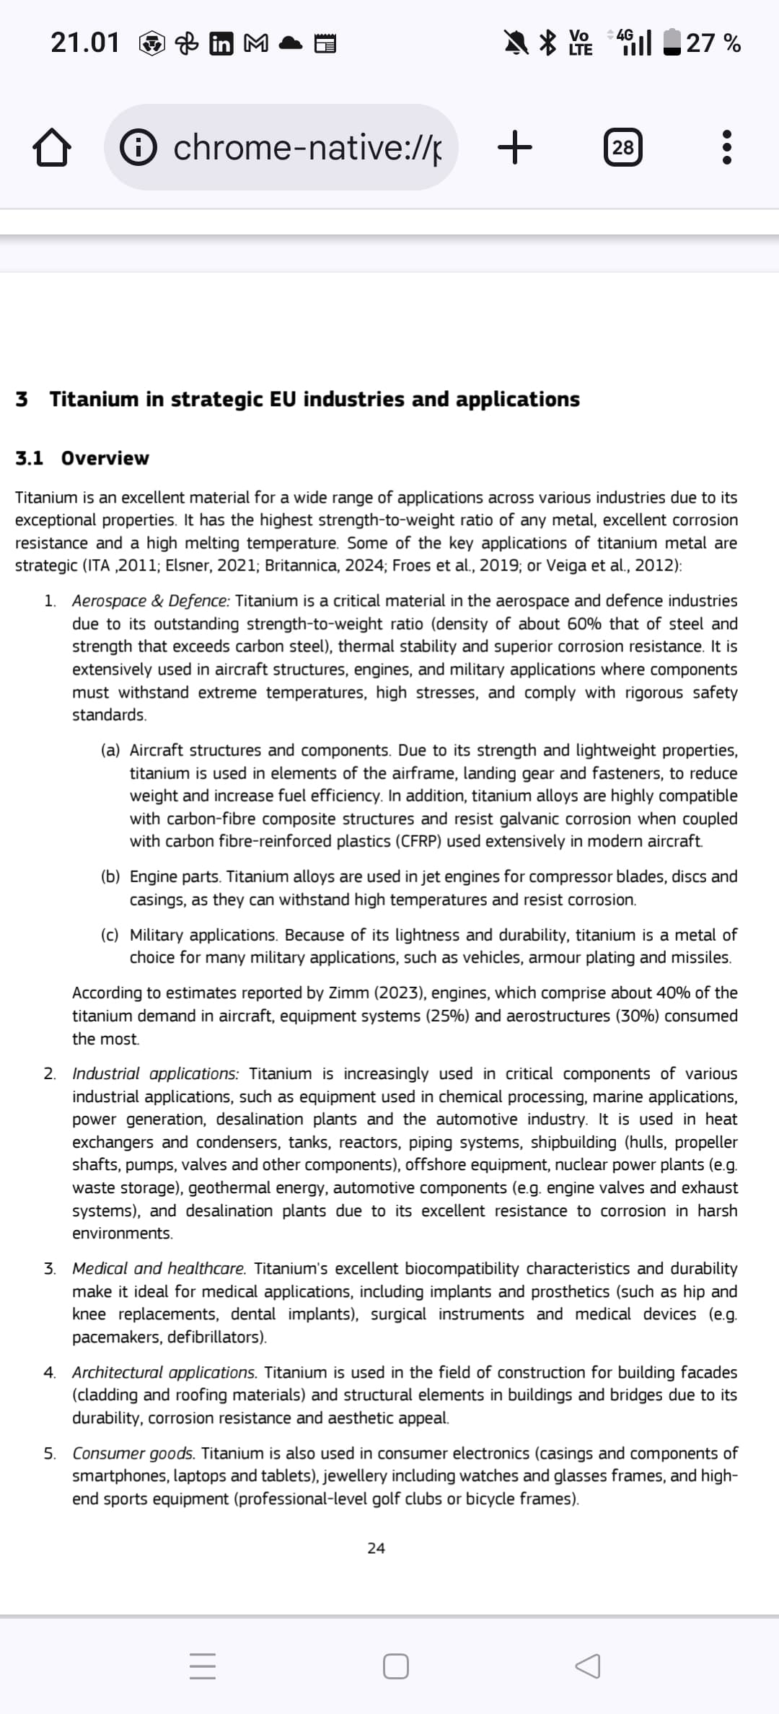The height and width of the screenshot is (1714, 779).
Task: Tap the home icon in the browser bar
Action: click(52, 148)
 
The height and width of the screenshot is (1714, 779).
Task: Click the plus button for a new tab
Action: click(515, 148)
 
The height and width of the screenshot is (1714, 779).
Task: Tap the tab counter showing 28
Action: click(622, 148)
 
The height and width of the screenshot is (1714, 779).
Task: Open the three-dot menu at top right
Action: click(726, 148)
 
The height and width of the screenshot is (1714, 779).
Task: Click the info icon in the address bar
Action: click(138, 148)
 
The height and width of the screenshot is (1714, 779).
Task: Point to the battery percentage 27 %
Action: click(713, 43)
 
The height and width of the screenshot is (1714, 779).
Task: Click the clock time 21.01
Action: click(85, 43)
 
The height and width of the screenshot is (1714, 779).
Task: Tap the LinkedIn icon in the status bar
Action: click(221, 44)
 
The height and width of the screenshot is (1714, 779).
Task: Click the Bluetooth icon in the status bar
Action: click(550, 43)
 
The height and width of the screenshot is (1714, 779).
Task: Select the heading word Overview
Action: click(105, 458)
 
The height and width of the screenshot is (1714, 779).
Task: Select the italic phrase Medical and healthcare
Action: click(159, 1268)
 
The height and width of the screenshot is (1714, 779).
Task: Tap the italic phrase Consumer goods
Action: click(133, 1453)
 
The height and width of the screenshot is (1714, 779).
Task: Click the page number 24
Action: click(376, 1548)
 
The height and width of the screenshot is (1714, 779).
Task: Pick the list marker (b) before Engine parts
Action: click(110, 876)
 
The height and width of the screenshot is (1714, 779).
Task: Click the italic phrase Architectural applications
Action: click(164, 1372)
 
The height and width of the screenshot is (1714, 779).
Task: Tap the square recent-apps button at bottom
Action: click(396, 1666)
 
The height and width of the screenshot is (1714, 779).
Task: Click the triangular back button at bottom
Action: click(587, 1666)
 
